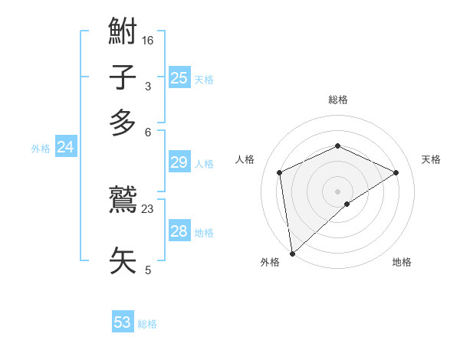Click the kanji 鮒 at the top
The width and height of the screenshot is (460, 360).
click(123, 33)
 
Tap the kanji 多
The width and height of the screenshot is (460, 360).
click(123, 123)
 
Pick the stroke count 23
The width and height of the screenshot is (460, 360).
click(148, 208)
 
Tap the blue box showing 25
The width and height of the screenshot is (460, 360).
click(179, 77)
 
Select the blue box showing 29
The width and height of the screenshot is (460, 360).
click(179, 162)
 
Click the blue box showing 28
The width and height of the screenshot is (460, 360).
click(179, 231)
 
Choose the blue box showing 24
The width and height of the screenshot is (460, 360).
click(66, 148)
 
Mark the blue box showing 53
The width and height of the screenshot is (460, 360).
click(123, 322)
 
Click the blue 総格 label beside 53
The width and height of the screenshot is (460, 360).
click(147, 324)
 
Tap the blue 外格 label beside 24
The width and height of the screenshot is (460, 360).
click(41, 149)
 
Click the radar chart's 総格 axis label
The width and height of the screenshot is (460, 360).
click(338, 100)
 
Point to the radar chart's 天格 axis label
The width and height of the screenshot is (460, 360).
click(432, 159)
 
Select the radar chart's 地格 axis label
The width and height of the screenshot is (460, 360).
click(402, 262)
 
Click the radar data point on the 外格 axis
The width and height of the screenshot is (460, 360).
click(292, 254)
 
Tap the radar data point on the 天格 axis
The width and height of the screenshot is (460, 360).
click(396, 172)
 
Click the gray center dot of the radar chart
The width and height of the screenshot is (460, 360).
click(338, 191)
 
